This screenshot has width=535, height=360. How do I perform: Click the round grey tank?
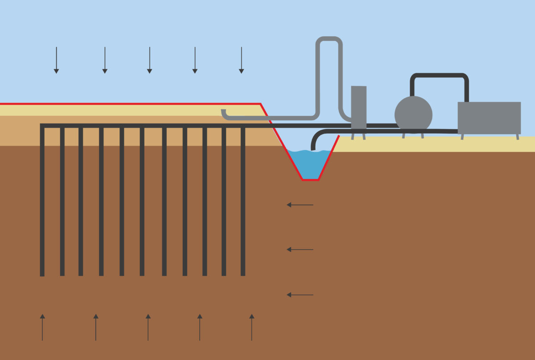413,115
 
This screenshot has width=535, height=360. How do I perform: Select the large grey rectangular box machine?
489,118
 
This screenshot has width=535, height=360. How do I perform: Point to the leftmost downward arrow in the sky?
56,60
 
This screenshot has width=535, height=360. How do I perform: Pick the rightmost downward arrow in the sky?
241,60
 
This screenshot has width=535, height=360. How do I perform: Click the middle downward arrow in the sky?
149,60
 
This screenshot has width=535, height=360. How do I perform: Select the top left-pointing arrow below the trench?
300,205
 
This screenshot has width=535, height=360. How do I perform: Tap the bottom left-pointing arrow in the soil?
300,295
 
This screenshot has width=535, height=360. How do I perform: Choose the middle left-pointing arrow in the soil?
300,250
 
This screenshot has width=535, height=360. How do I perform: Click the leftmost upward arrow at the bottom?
42,327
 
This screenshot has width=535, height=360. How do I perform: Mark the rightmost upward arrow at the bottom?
251,327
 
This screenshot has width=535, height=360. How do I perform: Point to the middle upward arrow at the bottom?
148,327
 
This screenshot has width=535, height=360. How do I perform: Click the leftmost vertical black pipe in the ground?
42,200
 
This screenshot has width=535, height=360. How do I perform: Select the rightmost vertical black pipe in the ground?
243,200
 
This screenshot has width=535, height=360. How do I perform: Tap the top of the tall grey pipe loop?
329,39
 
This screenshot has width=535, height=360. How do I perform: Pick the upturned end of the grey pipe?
223,112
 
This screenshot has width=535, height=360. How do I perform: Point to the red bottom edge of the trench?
310,180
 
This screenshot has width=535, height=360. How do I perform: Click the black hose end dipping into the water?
313,146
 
